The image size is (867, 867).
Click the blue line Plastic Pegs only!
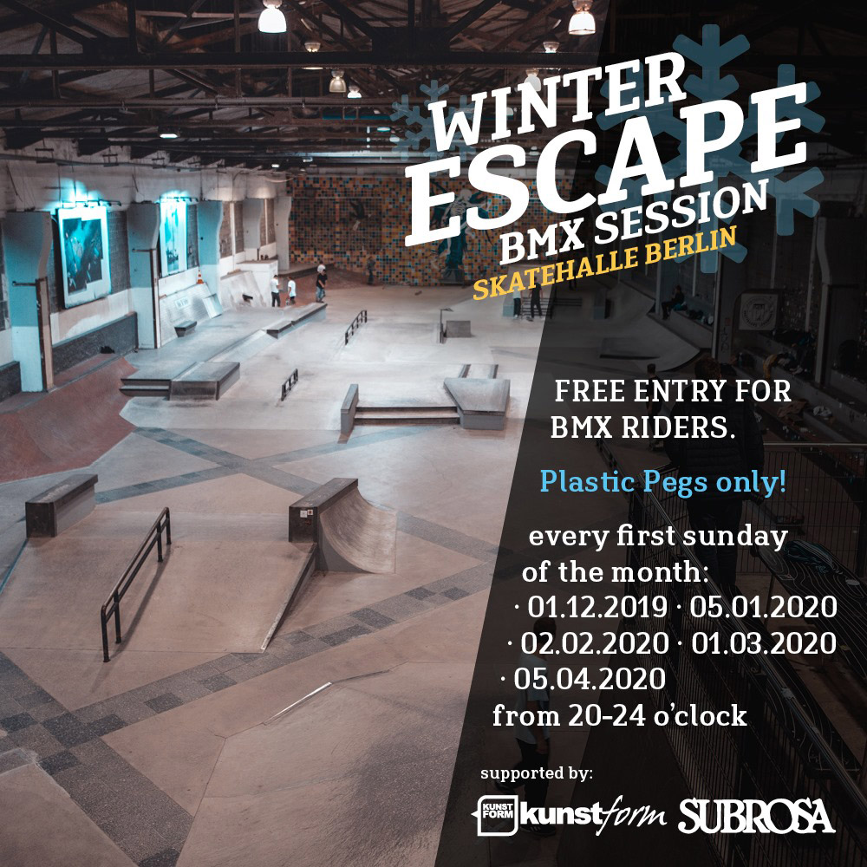pos(662,482)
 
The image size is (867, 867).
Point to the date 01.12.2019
pos(594,607)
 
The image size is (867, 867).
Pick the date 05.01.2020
pos(763,607)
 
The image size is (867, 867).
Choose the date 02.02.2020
pos(594,643)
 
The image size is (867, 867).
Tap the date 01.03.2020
pos(763,643)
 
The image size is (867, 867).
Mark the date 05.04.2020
pos(590,679)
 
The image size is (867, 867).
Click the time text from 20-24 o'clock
pos(619,716)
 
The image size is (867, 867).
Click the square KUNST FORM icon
pos(497,816)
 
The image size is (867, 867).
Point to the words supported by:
pos(536,772)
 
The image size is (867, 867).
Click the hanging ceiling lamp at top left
pos(272,16)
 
